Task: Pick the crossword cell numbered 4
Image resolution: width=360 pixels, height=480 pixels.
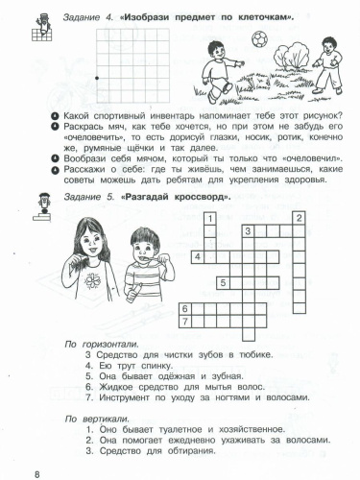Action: coord(197,256)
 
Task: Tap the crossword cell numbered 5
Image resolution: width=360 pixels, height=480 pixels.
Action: coord(223,282)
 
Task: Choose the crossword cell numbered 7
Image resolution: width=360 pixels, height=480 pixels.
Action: coord(185,322)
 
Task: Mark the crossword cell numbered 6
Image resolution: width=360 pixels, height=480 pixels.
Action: coord(184,308)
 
